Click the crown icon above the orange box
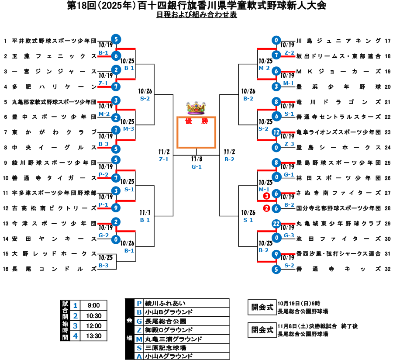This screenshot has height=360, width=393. pos(196,108)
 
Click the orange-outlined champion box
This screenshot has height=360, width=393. pos(196,132)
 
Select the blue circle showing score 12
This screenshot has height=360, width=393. pos(276,132)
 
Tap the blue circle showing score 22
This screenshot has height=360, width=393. pos(276,224)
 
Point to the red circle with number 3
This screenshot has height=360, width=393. pos(266,196)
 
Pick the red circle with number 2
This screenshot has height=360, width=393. pos(266,208)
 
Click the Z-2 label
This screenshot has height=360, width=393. pos(289,53)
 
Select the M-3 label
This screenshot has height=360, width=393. pos(128,129)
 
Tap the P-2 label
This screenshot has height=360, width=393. pos(103,175)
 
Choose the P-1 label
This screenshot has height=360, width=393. pos(103,205)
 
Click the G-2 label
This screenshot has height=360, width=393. pos(103,235)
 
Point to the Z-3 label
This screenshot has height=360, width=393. pos(289,144)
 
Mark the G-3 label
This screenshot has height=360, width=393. pos(289,235)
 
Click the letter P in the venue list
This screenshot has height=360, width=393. pos(139,303)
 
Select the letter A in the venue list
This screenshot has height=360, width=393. pos(139,357)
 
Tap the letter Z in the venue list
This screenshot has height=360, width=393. pos(139,330)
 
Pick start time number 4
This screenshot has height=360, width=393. pos(75,336)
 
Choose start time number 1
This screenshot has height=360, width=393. pos(75,305)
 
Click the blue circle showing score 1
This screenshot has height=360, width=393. pos(116,130)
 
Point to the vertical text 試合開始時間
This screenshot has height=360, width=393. pos(65,321)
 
